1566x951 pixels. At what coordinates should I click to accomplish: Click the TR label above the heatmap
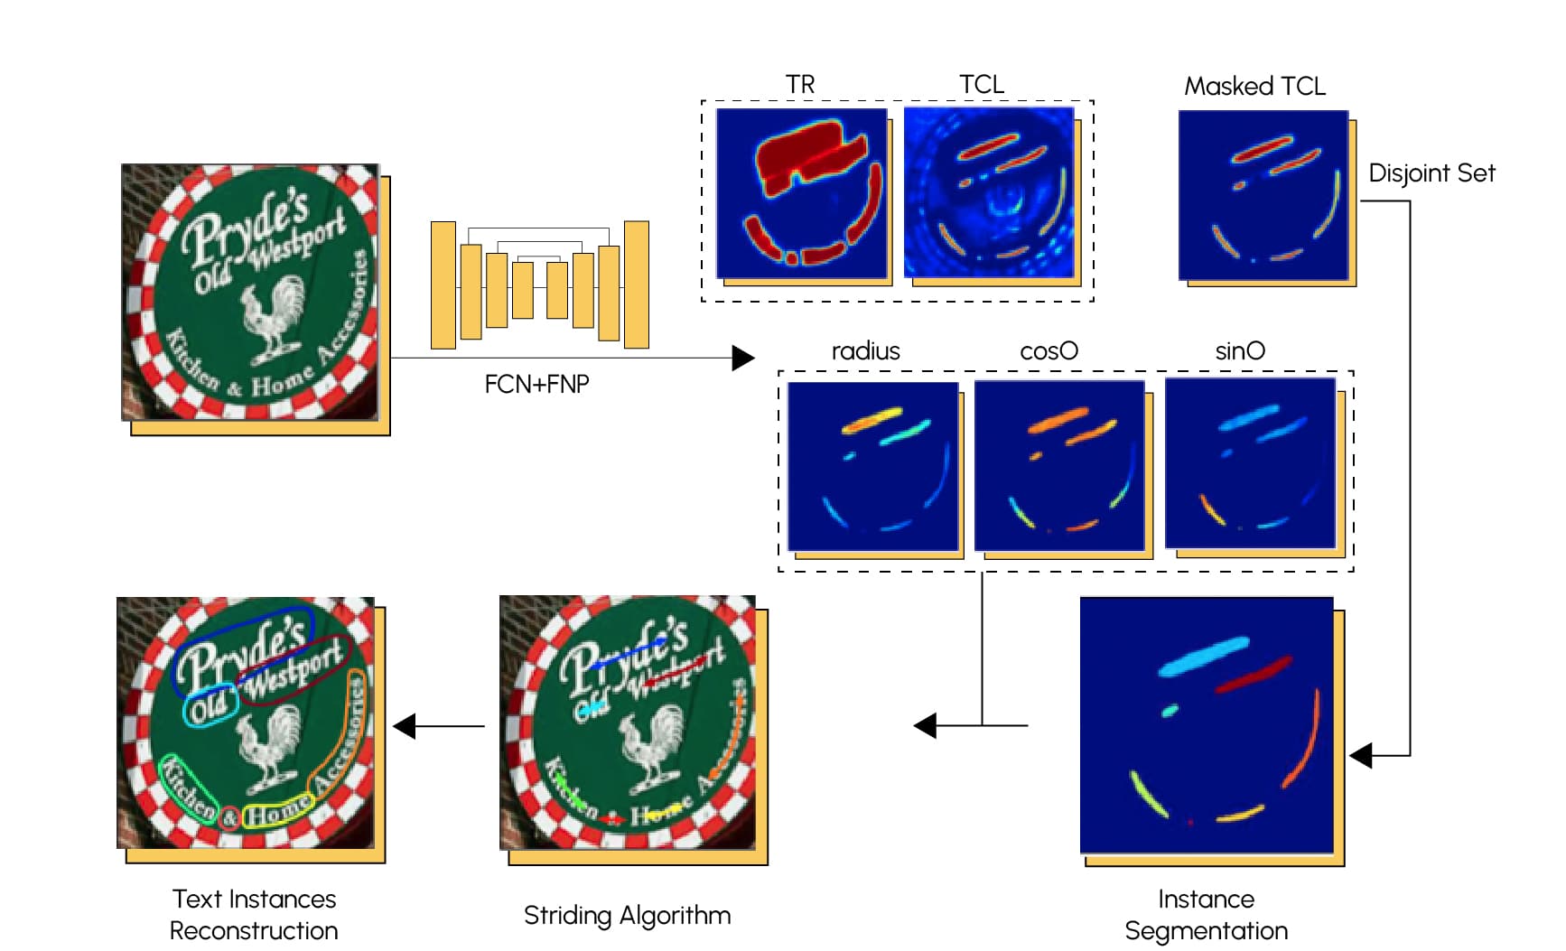point(800,84)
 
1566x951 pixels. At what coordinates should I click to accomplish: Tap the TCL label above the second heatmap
point(981,84)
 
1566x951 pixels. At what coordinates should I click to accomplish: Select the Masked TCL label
point(1254,86)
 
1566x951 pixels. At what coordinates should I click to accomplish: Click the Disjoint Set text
point(1431,172)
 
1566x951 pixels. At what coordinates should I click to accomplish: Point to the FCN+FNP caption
point(536,384)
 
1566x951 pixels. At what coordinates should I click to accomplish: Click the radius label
point(865,350)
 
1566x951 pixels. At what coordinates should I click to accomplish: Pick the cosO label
point(1049,350)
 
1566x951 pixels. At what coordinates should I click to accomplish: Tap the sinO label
point(1240,350)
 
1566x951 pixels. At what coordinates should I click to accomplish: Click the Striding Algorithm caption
point(627,915)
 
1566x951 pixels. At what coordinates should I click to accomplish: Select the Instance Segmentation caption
point(1206,914)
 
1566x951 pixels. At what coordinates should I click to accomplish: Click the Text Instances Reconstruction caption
point(254,914)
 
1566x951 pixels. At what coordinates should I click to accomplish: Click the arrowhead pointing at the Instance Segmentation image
point(1361,755)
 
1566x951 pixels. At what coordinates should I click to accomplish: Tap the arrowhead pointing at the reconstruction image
point(405,725)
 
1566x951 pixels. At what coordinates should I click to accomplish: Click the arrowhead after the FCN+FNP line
point(742,358)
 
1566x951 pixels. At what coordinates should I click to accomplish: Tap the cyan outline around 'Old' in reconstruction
point(210,708)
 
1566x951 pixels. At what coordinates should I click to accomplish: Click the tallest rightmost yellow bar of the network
point(637,284)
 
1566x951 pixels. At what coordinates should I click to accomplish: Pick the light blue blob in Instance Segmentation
point(1203,657)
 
